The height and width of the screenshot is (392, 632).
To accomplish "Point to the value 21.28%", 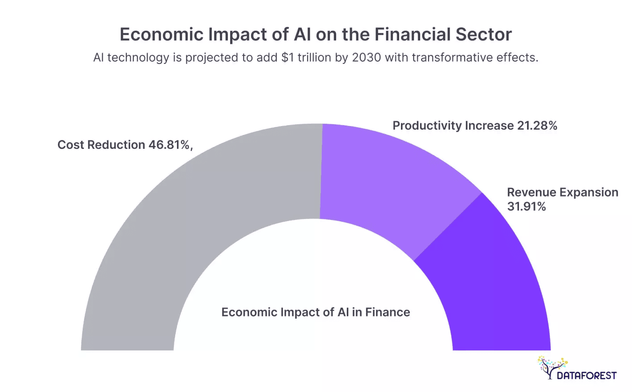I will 537,126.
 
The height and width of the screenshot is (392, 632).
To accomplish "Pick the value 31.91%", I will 526,207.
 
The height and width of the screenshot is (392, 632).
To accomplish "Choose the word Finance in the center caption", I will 388,312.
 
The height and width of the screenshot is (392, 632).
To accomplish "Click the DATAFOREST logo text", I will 586,375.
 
